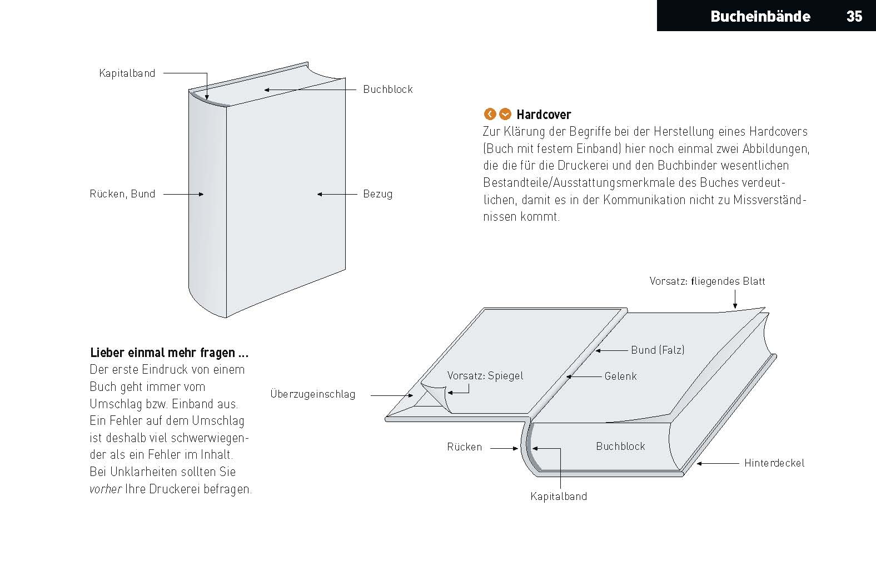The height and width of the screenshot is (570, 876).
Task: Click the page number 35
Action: pos(854,16)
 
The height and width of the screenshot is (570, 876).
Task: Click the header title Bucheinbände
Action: pos(760,16)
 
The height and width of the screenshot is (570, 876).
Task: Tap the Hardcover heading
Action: pos(543,115)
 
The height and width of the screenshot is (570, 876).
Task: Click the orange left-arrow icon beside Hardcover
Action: pos(490,114)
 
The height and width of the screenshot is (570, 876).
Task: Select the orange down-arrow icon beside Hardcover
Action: pos(505,114)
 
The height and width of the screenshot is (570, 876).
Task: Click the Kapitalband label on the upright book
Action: pos(127,73)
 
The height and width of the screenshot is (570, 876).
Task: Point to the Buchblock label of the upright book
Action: pos(387,89)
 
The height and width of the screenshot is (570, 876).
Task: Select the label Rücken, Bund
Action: pos(122,194)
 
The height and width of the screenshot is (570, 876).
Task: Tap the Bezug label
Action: pos(377,194)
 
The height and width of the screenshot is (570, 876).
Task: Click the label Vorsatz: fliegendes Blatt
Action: pos(707,281)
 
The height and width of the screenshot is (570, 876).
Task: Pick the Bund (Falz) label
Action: pos(658,350)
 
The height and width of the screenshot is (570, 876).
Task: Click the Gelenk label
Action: pos(620,376)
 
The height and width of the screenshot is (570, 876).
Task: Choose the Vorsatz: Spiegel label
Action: pos(485,375)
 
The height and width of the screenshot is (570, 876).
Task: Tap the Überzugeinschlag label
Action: pos(312,394)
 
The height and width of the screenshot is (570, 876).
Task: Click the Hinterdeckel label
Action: pos(774,463)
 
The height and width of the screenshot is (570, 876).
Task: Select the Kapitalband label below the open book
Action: pos(558,496)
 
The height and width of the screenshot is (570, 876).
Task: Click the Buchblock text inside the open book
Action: pos(620,446)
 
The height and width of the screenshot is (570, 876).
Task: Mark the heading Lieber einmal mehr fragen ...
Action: pos(169,353)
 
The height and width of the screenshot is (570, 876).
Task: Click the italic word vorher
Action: pos(105,489)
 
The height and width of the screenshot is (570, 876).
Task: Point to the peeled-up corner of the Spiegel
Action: pos(436,394)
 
